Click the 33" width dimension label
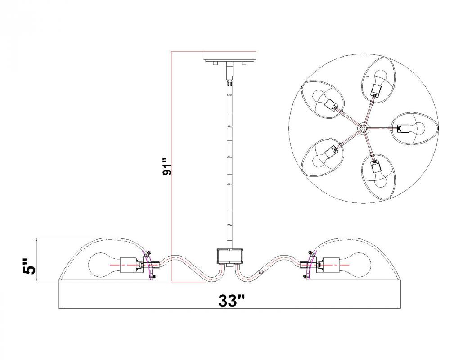pyautogui.click(x=231, y=301)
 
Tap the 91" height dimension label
pyautogui.click(x=167, y=166)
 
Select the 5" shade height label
pyautogui.click(x=30, y=266)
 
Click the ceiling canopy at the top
pyautogui.click(x=229, y=56)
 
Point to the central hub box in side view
pyautogui.click(x=230, y=256)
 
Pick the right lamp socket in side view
pyautogui.click(x=328, y=265)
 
